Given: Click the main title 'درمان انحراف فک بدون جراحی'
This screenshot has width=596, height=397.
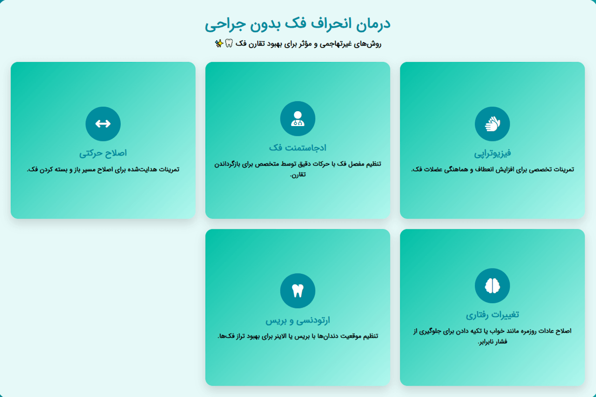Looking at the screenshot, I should (298, 23).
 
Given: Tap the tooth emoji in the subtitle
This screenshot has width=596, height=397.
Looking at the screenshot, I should (229, 44).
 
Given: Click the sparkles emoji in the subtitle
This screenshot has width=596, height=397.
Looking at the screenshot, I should (219, 44).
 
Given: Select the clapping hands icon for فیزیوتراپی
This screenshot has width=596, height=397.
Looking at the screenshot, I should (492, 124).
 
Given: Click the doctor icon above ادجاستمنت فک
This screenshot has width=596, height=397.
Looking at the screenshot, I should (298, 119).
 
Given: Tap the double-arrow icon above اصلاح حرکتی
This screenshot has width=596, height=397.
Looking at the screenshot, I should (103, 124).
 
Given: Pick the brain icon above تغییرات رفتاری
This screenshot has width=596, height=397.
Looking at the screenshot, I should (492, 286).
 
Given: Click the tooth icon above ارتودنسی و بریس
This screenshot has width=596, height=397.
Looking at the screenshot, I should (298, 291).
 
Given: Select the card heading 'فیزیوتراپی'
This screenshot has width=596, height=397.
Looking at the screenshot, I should (492, 153).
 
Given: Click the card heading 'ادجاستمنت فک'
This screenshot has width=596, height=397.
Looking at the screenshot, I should (298, 147).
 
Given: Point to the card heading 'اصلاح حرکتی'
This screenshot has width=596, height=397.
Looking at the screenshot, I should (103, 153).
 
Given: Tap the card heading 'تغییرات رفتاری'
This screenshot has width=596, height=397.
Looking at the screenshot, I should (492, 315).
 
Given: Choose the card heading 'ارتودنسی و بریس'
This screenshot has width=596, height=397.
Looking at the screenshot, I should (298, 320).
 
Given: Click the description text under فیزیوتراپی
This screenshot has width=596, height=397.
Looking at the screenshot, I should (492, 170).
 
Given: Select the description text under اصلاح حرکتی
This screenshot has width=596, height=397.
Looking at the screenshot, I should (103, 170).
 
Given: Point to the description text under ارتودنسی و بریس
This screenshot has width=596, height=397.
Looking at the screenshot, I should (298, 336).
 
